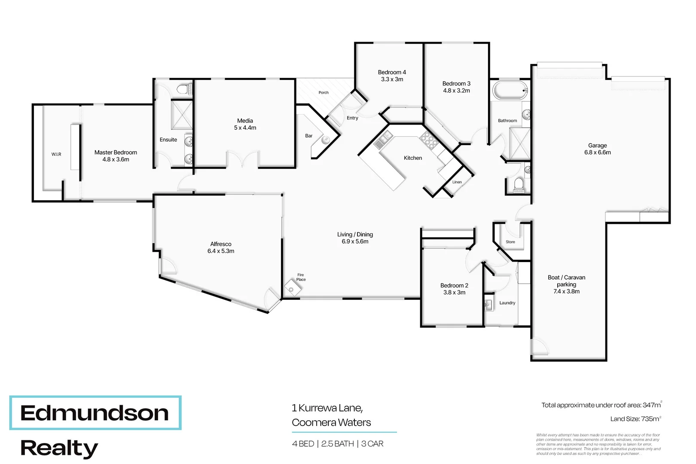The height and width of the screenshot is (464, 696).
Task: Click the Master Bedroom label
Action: tap(116, 153)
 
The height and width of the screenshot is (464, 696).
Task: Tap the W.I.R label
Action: tap(56, 154)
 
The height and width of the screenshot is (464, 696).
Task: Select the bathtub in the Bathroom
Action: tap(510, 91)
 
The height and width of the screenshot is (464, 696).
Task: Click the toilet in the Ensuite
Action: tap(184, 89)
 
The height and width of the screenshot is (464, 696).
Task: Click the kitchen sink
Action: tap(383, 140)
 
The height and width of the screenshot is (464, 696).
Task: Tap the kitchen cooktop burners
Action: tap(428, 139)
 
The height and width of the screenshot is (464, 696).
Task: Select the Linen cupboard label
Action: tap(457, 182)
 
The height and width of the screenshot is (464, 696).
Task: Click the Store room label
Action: tap(510, 242)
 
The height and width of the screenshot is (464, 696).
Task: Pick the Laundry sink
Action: tap(488, 305)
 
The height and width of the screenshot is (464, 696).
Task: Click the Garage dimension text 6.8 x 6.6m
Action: tap(597, 153)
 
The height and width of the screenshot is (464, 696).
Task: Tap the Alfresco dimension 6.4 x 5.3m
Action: tap(221, 251)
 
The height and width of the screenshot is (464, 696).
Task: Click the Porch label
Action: tap(324, 93)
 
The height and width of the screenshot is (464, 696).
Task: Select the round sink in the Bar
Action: tap(325, 139)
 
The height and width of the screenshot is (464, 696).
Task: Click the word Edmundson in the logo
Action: tap(95, 413)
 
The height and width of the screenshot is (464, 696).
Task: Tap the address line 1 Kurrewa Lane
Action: tap(327, 408)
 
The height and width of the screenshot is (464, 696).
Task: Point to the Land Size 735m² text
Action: tap(635, 419)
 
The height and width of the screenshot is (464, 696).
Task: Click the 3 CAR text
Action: tap(372, 444)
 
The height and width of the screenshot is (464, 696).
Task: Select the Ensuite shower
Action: tap(181, 114)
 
